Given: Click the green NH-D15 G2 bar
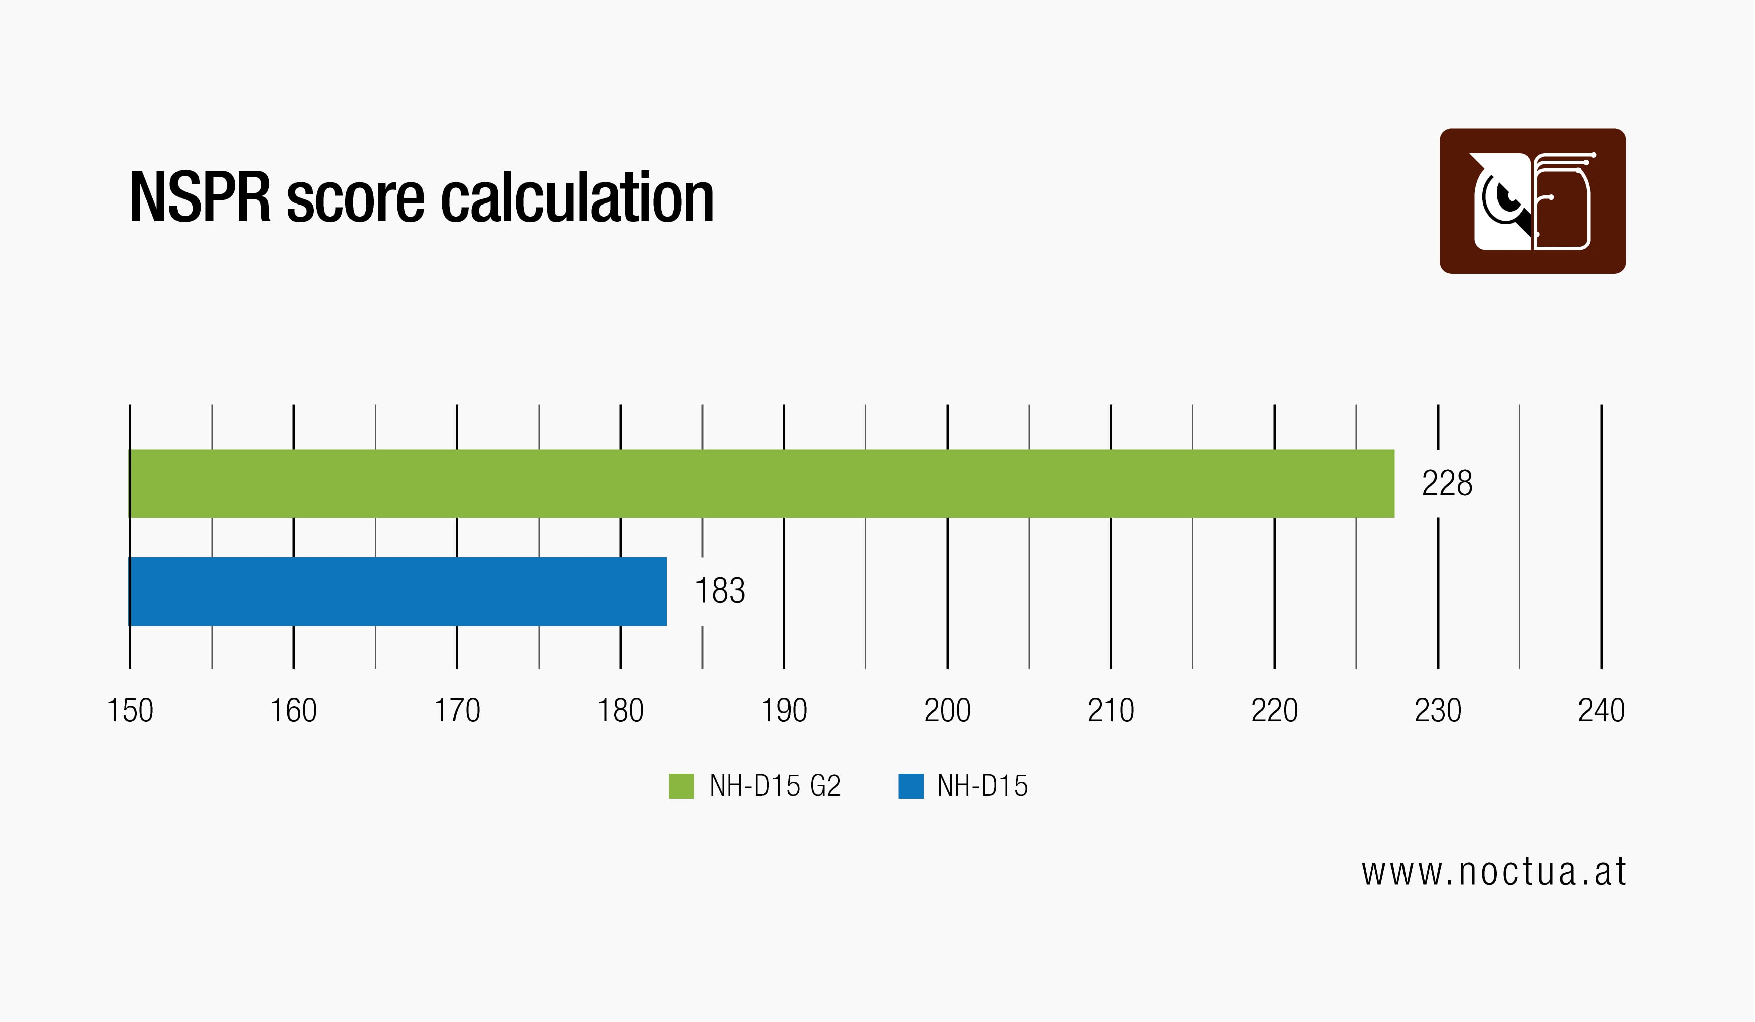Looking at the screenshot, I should pyautogui.click(x=762, y=483).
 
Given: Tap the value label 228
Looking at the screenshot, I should pyautogui.click(x=1447, y=483).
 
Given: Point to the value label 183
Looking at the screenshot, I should pyautogui.click(x=720, y=591).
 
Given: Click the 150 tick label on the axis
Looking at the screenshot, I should pyautogui.click(x=130, y=711).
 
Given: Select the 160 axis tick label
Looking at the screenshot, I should pyautogui.click(x=293, y=711).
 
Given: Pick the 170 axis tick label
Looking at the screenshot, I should pyautogui.click(x=457, y=711).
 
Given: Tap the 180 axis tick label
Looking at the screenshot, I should pyautogui.click(x=621, y=711).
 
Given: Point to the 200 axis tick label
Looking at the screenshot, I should pyautogui.click(x=947, y=711).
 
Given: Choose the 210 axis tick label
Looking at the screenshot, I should pyautogui.click(x=1111, y=711).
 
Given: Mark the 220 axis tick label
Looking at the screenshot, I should pyautogui.click(x=1275, y=711).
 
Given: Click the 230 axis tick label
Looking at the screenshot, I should pyautogui.click(x=1438, y=711).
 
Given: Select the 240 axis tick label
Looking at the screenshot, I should pyautogui.click(x=1601, y=711).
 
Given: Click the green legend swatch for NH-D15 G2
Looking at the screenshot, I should pyautogui.click(x=681, y=786).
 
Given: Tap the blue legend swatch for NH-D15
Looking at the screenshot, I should pyautogui.click(x=910, y=786).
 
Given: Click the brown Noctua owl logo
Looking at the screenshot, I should pyautogui.click(x=1533, y=201).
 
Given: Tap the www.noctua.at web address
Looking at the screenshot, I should pyautogui.click(x=1494, y=872).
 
